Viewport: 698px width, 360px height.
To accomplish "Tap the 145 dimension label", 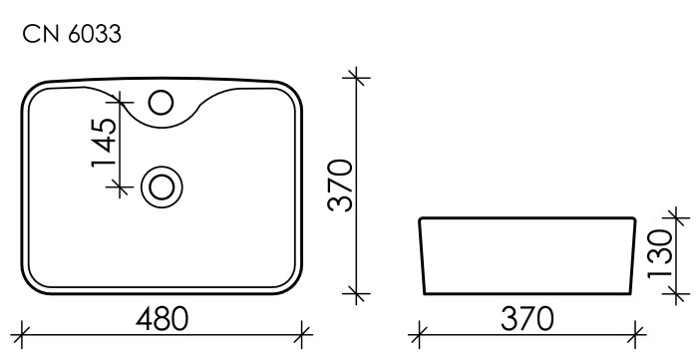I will point(106,144).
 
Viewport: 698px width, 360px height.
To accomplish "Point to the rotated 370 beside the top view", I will point(342,185).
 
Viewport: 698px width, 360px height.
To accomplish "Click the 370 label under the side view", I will point(524,319).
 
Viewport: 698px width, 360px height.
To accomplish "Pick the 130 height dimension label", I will point(658,255).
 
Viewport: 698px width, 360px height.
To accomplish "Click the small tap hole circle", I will point(160,102).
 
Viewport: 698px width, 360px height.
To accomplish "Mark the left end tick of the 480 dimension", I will point(22,332).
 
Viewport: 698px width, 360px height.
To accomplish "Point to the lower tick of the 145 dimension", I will point(120,185).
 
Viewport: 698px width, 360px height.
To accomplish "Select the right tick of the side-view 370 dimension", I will point(634,332).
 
